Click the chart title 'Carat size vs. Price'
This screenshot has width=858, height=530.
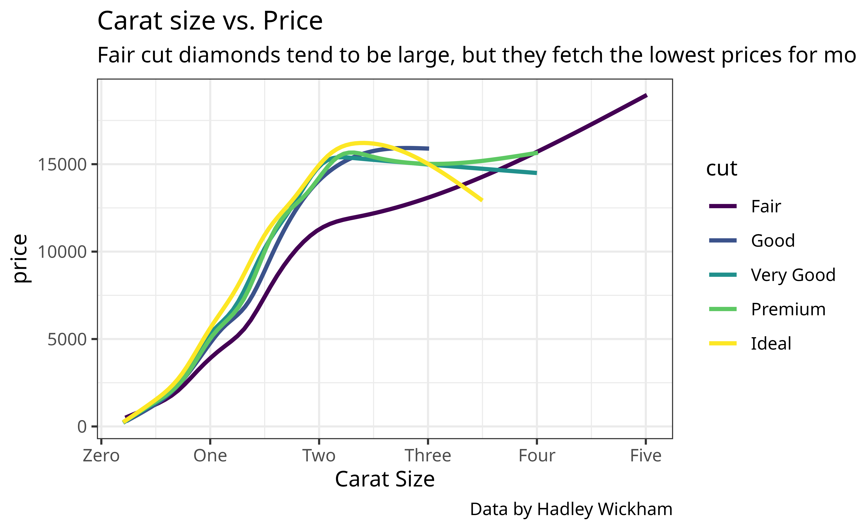pyautogui.click(x=210, y=21)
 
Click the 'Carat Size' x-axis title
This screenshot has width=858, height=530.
pyautogui.click(x=385, y=479)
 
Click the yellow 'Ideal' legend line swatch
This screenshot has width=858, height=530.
pyautogui.click(x=723, y=344)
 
